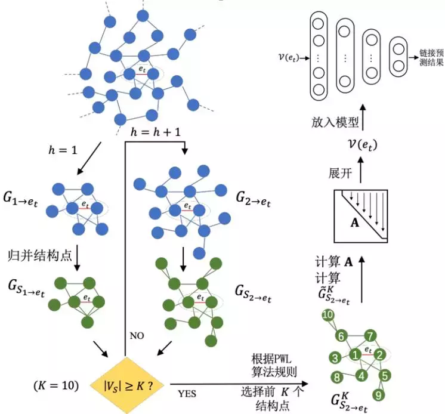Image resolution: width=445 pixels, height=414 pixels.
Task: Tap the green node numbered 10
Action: click(327, 316)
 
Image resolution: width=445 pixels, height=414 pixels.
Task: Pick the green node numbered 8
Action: click(337, 377)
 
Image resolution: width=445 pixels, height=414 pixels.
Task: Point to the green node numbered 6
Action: click(341, 335)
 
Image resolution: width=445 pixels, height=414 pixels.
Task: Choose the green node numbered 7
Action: click(370, 335)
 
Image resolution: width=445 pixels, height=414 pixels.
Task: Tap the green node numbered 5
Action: click(385, 375)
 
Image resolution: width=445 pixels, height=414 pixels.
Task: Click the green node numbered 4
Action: click(361, 375)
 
